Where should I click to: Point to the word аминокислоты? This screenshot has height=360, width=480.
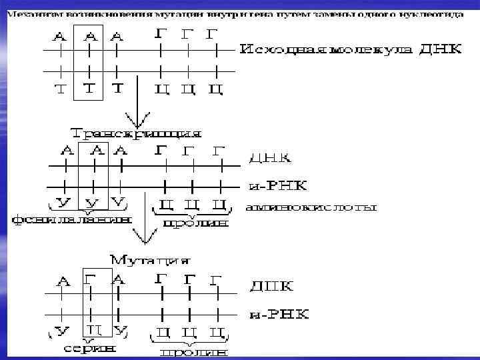[x=311, y=208]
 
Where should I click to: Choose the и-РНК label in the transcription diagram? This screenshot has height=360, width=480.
[x=277, y=184]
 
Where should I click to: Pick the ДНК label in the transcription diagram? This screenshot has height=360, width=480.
[x=269, y=159]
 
